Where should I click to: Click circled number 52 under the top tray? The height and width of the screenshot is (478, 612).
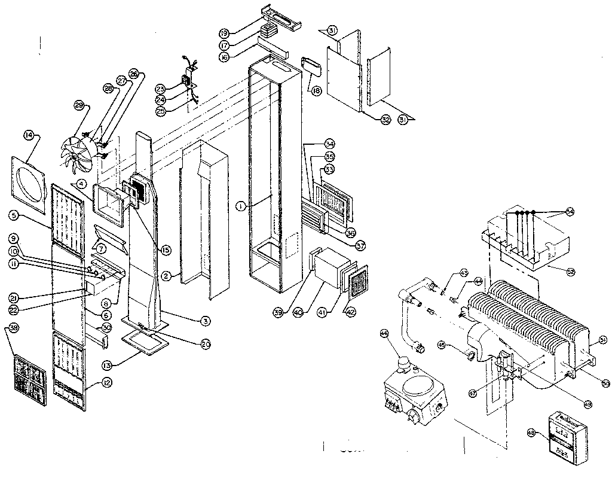(571, 272)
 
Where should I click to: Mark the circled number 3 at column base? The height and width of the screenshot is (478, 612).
(205, 321)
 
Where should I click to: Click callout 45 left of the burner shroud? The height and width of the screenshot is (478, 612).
(458, 345)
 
